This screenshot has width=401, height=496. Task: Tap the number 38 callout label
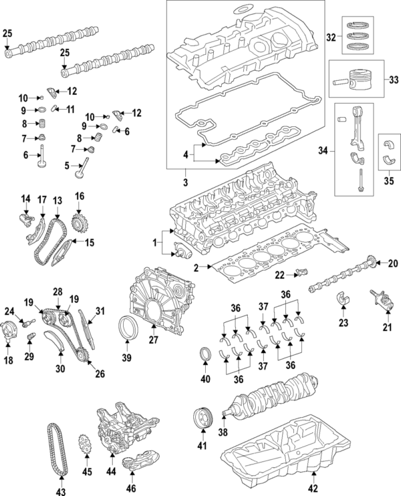coord(223,432)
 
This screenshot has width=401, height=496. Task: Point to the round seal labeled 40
coord(206,354)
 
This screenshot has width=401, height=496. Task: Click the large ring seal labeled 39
coord(128,330)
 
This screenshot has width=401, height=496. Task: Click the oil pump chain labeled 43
coord(57,451)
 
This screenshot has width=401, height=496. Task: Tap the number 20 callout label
coord(392,263)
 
